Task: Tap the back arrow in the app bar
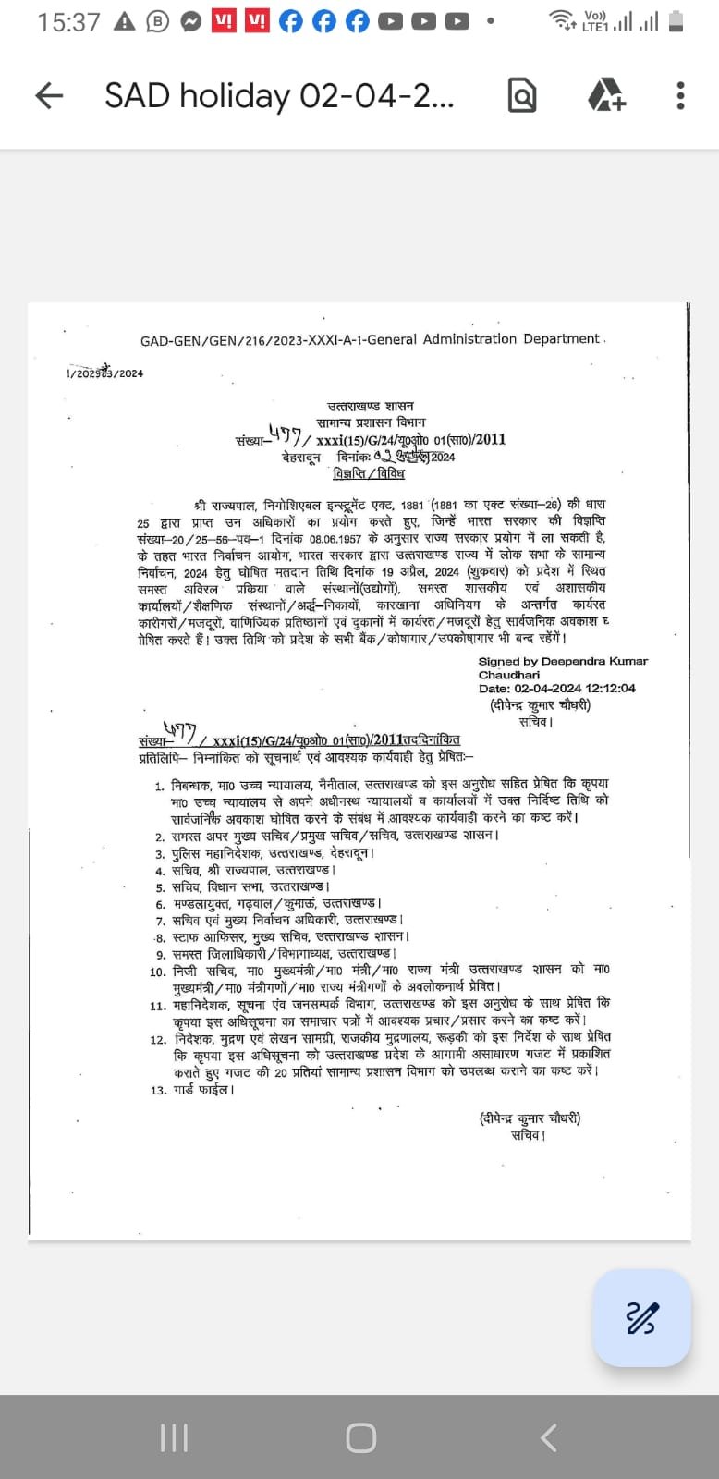(x=49, y=95)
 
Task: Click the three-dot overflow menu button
(x=680, y=95)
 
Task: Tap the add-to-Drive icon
(x=606, y=95)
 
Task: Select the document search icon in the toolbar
(x=522, y=95)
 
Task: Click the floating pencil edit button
(x=641, y=1317)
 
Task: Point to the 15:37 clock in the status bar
(x=68, y=22)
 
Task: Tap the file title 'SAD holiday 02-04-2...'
(x=279, y=95)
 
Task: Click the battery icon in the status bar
(x=676, y=21)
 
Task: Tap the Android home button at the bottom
(x=360, y=1437)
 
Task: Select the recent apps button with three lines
(x=174, y=1437)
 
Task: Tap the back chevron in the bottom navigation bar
(x=548, y=1437)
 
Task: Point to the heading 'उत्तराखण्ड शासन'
(x=371, y=406)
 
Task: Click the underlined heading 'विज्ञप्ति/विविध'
(x=369, y=473)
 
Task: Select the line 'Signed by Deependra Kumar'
(x=563, y=661)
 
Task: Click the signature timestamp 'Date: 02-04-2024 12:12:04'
(x=556, y=688)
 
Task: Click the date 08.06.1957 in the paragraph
(x=336, y=538)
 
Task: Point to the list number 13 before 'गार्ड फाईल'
(x=158, y=1091)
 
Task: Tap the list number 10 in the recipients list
(x=158, y=972)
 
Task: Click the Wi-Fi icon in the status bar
(x=560, y=19)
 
